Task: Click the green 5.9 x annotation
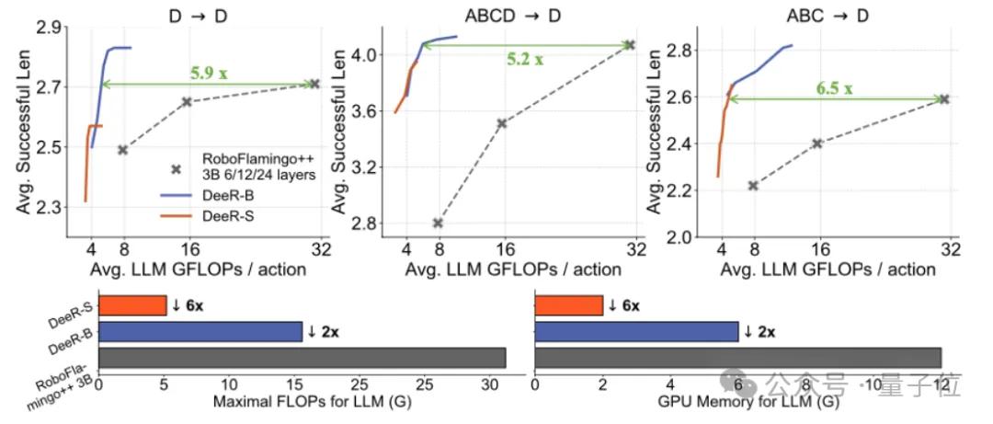208,71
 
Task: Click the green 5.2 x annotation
524,59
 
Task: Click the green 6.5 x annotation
834,88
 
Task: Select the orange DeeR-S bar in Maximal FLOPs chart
132,305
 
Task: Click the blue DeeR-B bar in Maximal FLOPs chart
200,331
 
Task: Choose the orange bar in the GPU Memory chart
568,305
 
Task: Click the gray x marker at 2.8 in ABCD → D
438,223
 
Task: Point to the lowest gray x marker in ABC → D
753,186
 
